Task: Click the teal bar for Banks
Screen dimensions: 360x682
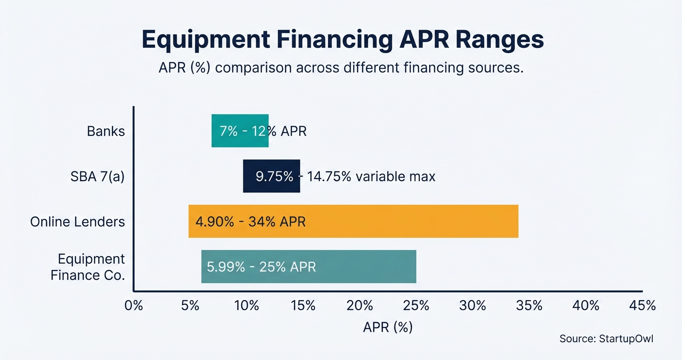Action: [240, 131]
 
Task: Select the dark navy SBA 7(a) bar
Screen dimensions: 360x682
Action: [272, 176]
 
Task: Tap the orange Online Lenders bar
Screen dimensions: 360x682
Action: [353, 221]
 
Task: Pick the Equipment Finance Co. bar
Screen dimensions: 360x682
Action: [308, 267]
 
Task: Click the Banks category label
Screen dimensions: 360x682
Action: [106, 131]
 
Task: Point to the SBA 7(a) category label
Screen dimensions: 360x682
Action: [97, 177]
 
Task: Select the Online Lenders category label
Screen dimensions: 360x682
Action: [78, 222]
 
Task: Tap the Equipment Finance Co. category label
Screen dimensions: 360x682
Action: [88, 267]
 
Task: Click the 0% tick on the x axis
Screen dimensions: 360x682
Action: [134, 305]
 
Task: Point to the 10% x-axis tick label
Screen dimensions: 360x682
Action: [247, 305]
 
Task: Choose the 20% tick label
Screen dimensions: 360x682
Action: [360, 305]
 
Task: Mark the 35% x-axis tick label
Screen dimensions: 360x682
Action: [530, 305]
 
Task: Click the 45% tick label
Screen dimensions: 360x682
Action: [643, 305]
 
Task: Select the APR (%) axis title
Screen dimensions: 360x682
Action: [387, 327]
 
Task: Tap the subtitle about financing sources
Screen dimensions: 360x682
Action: [341, 68]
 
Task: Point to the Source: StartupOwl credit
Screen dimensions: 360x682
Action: [606, 339]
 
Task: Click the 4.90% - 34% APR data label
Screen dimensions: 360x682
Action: [250, 222]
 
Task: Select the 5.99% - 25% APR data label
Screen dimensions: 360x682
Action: [261, 267]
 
